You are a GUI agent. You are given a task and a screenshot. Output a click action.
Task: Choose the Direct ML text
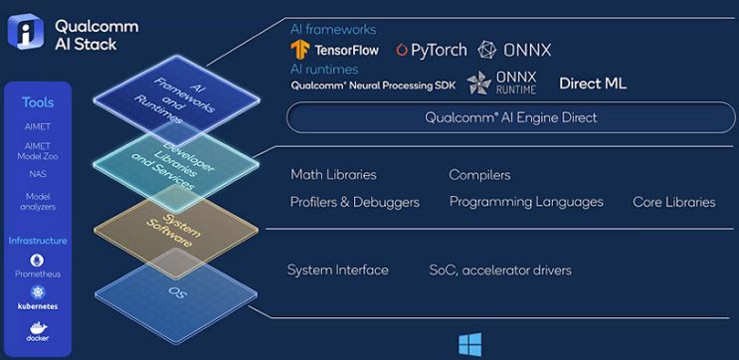(593, 85)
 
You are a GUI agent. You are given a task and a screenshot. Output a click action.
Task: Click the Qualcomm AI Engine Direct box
(510, 117)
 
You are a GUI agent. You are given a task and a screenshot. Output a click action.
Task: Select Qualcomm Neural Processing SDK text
(373, 86)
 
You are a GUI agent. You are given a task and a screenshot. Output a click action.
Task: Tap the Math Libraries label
(333, 175)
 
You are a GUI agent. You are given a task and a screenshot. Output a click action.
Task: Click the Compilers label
(479, 175)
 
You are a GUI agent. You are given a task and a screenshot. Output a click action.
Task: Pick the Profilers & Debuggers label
(354, 202)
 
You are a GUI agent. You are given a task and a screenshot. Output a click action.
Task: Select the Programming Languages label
(526, 202)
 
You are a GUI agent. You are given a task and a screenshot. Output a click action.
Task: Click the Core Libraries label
(673, 202)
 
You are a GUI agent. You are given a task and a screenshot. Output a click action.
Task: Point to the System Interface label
(337, 270)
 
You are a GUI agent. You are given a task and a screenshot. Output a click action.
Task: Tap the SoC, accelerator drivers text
(500, 270)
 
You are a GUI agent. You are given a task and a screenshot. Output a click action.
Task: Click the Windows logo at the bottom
(469, 344)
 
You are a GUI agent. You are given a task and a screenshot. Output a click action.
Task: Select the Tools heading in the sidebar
(38, 102)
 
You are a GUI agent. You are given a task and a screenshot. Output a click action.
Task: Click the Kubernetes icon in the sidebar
(38, 293)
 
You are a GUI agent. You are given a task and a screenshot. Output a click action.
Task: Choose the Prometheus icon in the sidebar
(38, 261)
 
